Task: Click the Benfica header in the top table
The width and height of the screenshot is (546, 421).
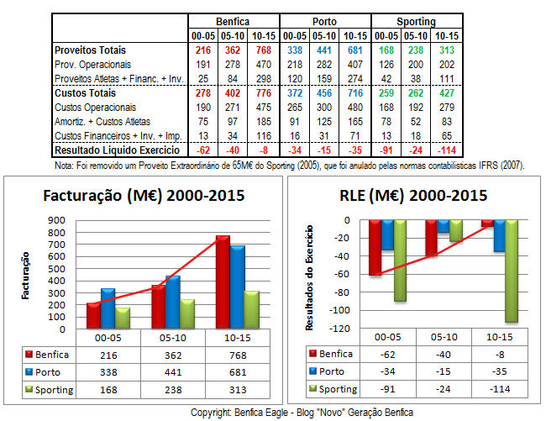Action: click(233, 21)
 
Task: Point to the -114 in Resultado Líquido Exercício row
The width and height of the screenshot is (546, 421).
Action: click(444, 149)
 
